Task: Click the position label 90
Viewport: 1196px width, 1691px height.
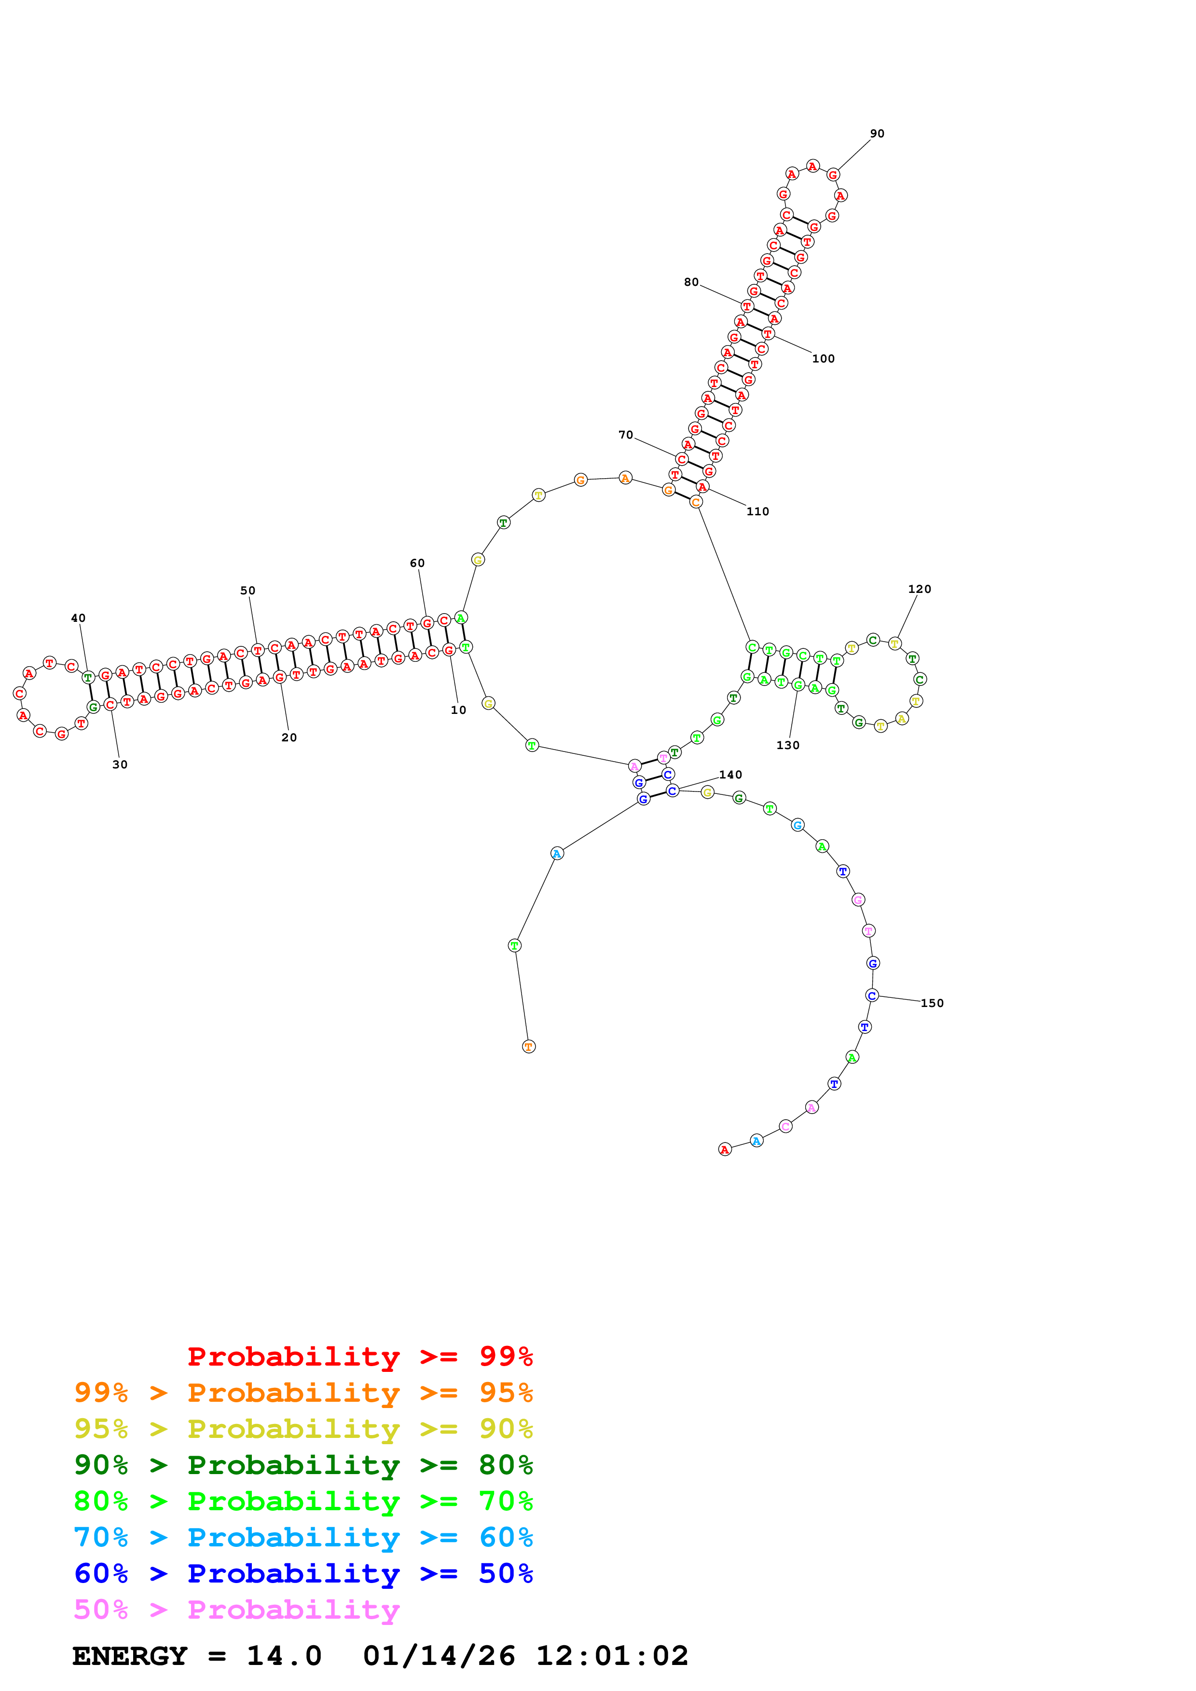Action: point(877,134)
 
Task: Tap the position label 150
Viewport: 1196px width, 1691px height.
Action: point(932,1003)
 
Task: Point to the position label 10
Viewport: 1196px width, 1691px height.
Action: point(458,710)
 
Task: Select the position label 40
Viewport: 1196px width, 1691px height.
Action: point(78,618)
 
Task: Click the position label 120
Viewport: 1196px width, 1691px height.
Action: point(919,589)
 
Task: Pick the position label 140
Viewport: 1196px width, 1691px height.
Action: point(730,775)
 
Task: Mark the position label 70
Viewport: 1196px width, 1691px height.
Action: point(626,435)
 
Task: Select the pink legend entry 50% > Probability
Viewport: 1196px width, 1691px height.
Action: point(236,1610)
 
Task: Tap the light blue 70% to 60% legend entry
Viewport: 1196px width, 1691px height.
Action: point(303,1538)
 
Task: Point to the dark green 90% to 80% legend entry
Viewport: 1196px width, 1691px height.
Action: point(303,1465)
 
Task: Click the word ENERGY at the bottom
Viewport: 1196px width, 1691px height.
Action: point(130,1656)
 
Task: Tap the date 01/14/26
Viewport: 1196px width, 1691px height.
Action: point(439,1656)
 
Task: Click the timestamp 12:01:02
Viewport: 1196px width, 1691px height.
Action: point(612,1656)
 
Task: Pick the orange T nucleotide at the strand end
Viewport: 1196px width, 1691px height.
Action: point(528,1047)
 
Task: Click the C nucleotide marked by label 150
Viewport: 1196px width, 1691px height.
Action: point(872,996)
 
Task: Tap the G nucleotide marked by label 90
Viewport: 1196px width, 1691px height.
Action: point(833,174)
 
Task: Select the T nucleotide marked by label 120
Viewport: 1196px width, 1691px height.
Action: point(894,644)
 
